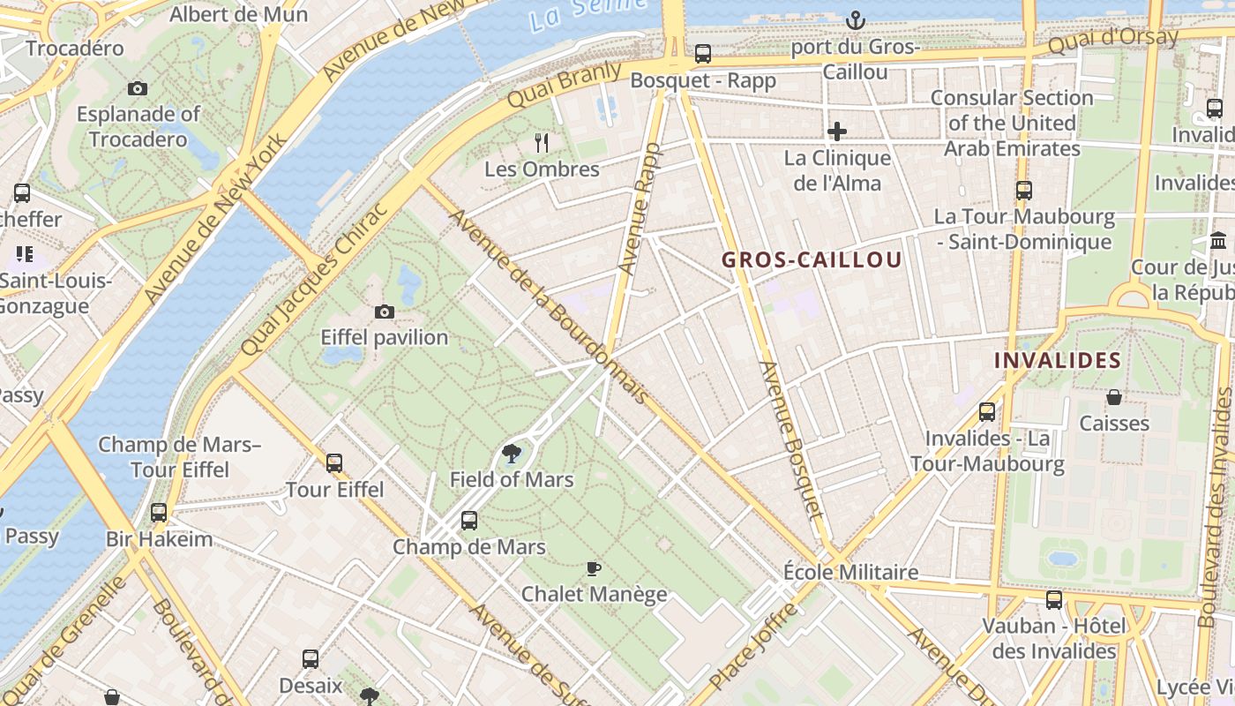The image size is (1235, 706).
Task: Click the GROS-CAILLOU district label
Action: tap(812, 259)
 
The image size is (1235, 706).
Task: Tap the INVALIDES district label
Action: tap(1057, 360)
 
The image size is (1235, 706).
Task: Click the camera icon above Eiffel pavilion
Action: tap(385, 312)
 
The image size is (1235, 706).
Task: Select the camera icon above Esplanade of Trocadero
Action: tap(138, 88)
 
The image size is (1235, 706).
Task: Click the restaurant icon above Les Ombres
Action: tap(542, 142)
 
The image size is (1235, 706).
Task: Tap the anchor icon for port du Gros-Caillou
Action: tap(855, 20)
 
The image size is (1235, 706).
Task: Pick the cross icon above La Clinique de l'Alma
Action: tap(837, 132)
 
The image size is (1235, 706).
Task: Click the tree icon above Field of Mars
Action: tap(511, 454)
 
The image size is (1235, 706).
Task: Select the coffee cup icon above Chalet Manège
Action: tap(594, 568)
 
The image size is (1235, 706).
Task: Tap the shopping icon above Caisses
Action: tap(1114, 398)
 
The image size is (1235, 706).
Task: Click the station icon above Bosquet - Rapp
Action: tap(703, 54)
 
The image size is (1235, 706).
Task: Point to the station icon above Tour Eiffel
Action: tap(334, 463)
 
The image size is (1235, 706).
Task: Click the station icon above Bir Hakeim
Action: tap(159, 513)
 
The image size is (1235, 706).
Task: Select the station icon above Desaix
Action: tap(311, 659)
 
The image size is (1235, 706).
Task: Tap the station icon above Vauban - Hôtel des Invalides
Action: tap(1054, 601)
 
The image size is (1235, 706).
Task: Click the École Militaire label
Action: tap(850, 572)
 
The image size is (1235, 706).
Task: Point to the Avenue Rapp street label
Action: tap(639, 207)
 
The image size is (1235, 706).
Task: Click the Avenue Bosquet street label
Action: tap(791, 439)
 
